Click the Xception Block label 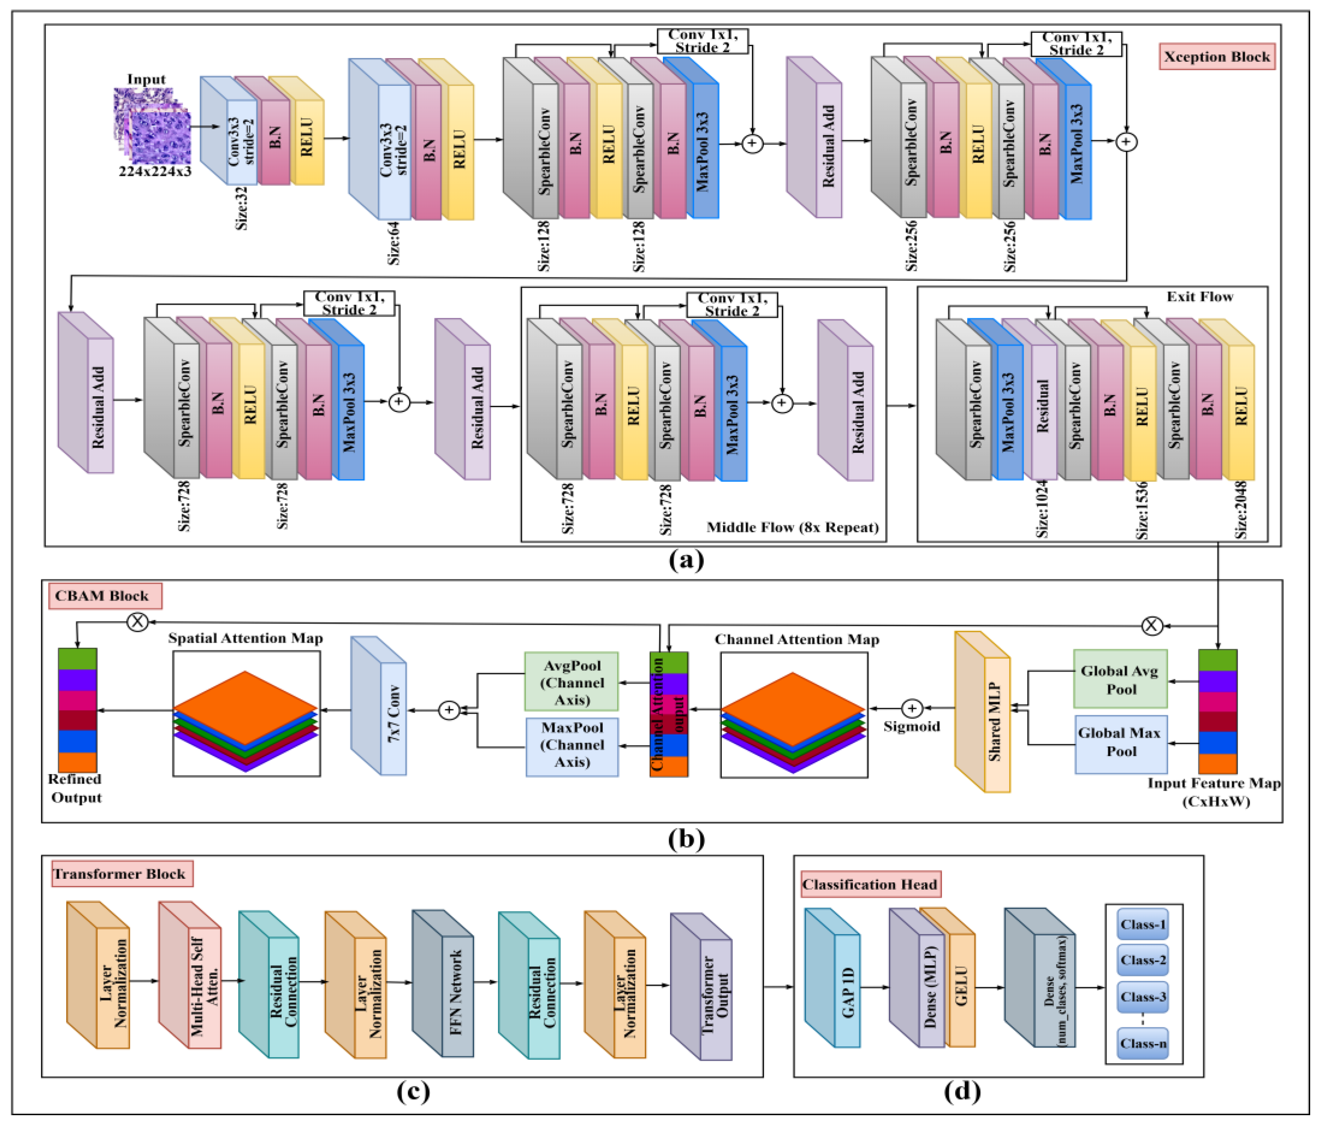click(1216, 57)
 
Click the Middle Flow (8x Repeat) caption click(792, 527)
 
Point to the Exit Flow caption click(1199, 297)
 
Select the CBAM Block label click(102, 596)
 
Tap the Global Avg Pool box click(1120, 679)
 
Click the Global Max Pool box click(1120, 742)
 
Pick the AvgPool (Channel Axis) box click(571, 682)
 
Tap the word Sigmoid click(911, 726)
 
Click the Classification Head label click(870, 884)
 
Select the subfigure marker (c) click(412, 1091)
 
